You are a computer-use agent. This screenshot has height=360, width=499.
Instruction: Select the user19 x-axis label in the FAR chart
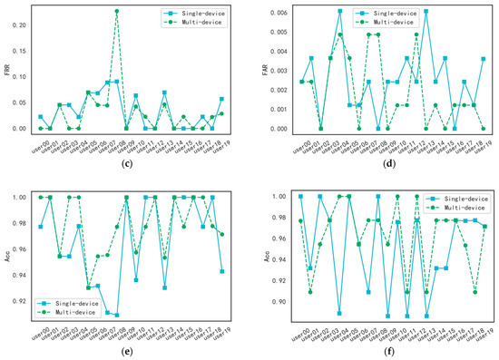pyautogui.click(x=484, y=144)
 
